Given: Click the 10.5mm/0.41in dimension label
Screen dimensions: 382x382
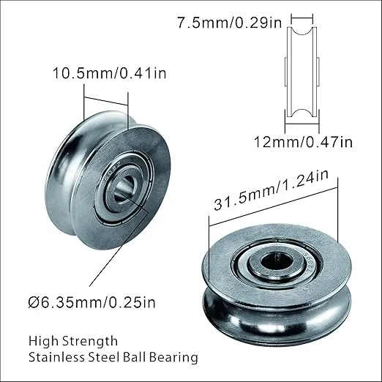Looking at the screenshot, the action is click(110, 73).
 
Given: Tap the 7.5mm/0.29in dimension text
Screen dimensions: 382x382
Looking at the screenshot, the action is click(229, 23).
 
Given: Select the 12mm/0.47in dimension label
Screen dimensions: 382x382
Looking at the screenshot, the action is click(303, 142).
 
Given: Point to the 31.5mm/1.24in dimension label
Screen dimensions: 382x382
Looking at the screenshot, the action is click(271, 190).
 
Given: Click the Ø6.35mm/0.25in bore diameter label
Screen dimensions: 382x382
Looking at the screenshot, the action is click(91, 302).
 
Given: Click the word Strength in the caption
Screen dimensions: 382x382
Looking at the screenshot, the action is click(90, 341).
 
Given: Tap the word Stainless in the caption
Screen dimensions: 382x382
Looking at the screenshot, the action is click(56, 357).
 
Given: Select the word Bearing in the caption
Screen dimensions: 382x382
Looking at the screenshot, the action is click(173, 358).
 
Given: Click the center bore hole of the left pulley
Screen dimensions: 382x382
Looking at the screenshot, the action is click(124, 188).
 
